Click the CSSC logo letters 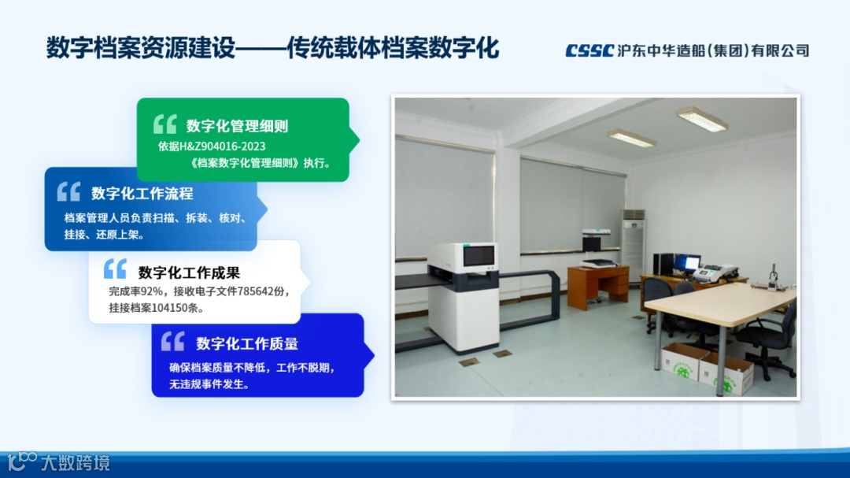(589, 50)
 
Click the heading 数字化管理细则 (238, 127)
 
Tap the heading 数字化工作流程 (142, 194)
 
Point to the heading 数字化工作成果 (189, 272)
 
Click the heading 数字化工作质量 (247, 343)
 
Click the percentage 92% (152, 292)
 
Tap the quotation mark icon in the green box (165, 124)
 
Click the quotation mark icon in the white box (115, 269)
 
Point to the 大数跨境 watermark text (76, 463)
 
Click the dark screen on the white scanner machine (479, 255)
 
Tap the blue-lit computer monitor (687, 264)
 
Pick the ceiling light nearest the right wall (702, 119)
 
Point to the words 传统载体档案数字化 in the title (393, 48)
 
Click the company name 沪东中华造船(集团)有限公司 (713, 51)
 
